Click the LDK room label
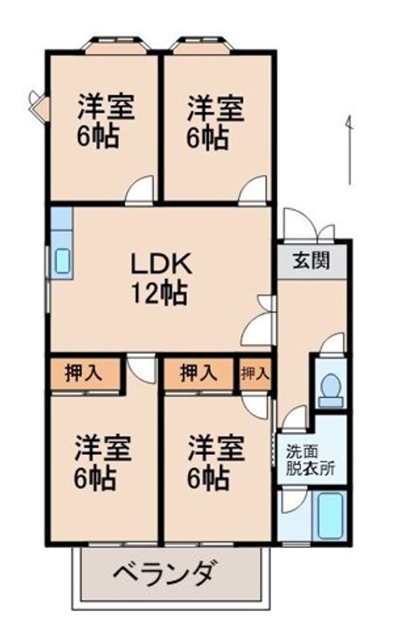[161, 263]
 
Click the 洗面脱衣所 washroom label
[310, 460]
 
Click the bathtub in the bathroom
[331, 515]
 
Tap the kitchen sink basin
[63, 261]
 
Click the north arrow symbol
[350, 150]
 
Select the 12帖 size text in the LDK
[159, 293]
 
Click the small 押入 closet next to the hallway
[255, 374]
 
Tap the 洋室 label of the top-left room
[106, 107]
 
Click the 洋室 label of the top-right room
[216, 108]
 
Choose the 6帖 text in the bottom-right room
[208, 478]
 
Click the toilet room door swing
[332, 345]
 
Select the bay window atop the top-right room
[202, 45]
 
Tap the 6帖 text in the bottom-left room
[95, 478]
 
